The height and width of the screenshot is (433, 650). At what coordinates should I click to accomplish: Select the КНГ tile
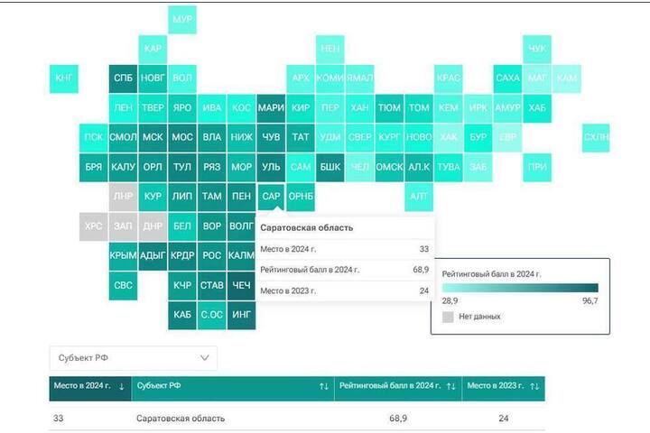[64, 78]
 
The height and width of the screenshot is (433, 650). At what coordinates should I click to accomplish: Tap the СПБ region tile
[123, 78]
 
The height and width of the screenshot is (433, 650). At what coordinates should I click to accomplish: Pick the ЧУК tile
[537, 48]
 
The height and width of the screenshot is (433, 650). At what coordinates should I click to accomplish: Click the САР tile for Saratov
[271, 196]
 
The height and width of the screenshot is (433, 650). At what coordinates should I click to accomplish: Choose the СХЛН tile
[596, 137]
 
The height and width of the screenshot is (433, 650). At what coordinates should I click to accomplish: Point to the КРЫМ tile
[123, 256]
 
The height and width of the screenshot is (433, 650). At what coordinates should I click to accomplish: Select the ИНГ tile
[242, 315]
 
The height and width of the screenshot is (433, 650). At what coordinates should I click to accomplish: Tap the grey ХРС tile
[93, 226]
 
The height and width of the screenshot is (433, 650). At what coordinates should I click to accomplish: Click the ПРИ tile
[537, 167]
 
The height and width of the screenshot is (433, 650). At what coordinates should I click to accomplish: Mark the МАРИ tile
[271, 108]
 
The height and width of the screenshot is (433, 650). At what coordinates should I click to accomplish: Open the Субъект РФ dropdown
[133, 358]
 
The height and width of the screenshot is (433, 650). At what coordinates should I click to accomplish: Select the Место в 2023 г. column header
[497, 386]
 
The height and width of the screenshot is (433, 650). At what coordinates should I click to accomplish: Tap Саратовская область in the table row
[181, 419]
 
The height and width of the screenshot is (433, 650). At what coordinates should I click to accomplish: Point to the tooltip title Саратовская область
[306, 228]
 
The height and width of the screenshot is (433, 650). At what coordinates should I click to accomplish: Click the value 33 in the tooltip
[423, 249]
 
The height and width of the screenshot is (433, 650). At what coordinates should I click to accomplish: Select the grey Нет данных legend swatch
[448, 317]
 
